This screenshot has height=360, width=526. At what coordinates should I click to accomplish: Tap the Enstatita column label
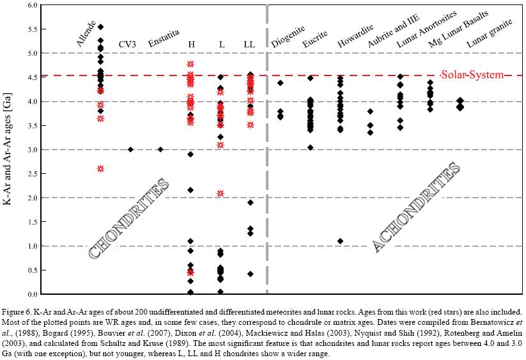click(164, 44)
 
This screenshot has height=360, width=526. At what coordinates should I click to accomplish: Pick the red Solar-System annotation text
click(472, 75)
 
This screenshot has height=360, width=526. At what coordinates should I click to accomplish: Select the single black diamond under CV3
click(130, 150)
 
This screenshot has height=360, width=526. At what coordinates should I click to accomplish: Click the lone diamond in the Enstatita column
click(160, 150)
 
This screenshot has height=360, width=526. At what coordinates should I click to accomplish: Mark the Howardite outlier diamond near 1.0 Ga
click(341, 241)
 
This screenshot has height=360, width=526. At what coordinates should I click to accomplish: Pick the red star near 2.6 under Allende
click(100, 169)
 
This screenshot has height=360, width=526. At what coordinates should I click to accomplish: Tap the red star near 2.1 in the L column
click(220, 193)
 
